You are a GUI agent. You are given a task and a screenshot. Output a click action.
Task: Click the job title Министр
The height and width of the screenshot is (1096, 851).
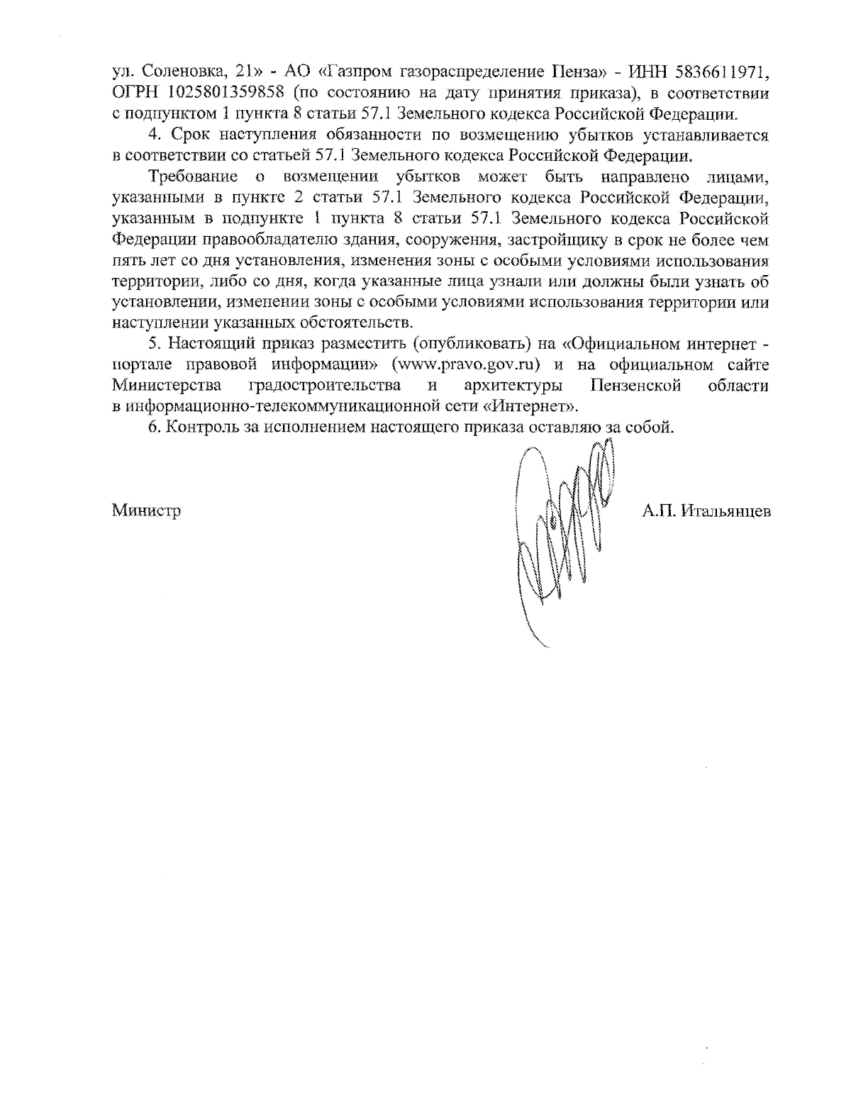point(146,510)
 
